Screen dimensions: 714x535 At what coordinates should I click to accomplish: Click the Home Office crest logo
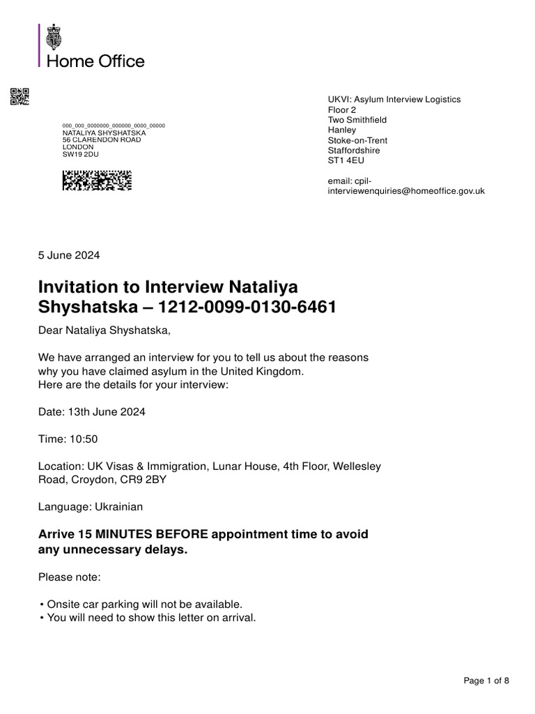[54, 37]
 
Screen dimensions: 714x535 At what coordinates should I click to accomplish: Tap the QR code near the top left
[20, 96]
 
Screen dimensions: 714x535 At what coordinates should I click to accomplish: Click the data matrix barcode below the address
[97, 181]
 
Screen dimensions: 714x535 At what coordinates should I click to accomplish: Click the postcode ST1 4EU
[346, 160]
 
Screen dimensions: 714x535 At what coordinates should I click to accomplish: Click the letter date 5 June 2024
[69, 255]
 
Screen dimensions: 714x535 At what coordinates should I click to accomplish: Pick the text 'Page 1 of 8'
[486, 681]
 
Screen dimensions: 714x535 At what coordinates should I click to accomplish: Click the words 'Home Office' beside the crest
[95, 61]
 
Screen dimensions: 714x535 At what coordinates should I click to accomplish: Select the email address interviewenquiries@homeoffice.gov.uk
[406, 190]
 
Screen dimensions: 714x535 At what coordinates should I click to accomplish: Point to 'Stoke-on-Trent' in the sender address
[358, 140]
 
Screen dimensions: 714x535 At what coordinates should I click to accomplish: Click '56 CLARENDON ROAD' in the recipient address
[102, 139]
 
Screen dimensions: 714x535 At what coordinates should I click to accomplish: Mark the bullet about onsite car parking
[144, 604]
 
